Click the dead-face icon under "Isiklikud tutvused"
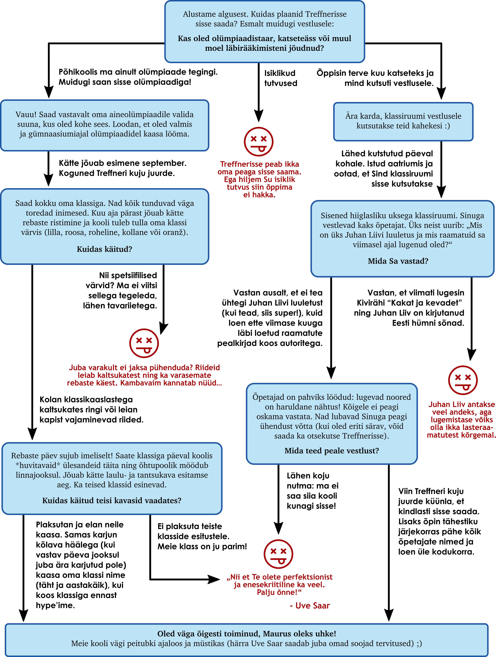pyautogui.click(x=258, y=142)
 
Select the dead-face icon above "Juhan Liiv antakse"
pyautogui.click(x=463, y=380)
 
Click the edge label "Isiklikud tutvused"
pyautogui.click(x=281, y=78)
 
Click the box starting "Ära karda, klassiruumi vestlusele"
pyautogui.click(x=403, y=121)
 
